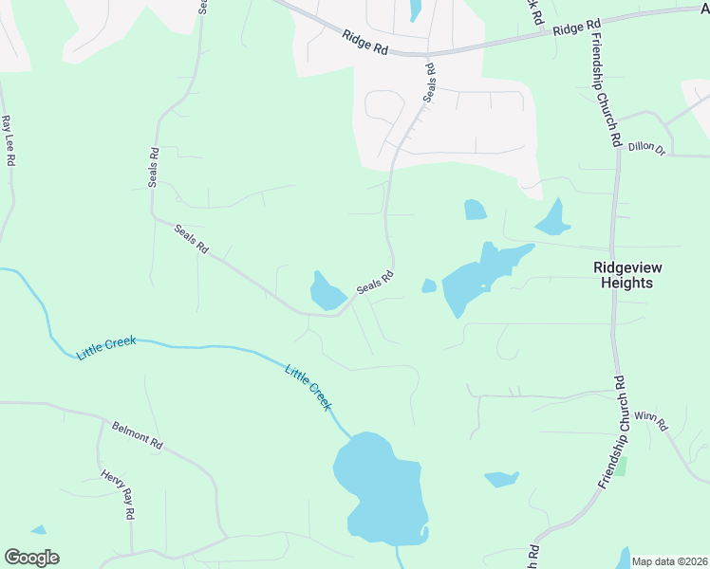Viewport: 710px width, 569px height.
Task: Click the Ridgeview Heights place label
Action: [624, 275]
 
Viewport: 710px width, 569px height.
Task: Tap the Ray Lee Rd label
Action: [9, 140]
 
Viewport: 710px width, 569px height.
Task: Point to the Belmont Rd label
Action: [138, 436]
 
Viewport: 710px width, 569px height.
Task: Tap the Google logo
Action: [31, 558]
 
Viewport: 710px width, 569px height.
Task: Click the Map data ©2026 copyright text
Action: [669, 561]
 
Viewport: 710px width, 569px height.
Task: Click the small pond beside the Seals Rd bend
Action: [326, 292]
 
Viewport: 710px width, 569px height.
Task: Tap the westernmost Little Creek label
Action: [106, 347]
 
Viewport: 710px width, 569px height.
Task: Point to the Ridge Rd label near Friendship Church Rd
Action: [577, 28]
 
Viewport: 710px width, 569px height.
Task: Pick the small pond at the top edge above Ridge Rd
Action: [415, 10]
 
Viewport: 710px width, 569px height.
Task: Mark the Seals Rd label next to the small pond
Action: [374, 283]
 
